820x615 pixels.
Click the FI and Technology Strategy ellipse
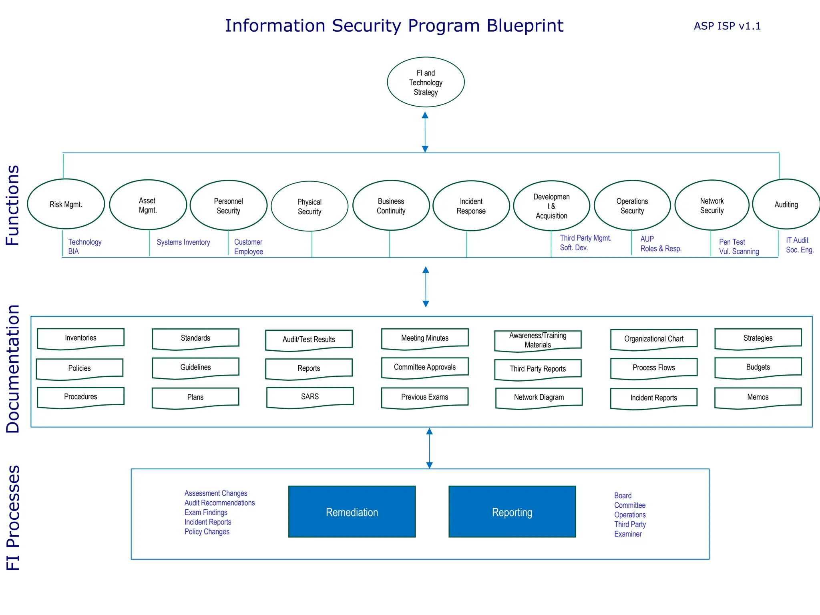click(426, 82)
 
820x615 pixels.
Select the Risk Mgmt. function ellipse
click(66, 204)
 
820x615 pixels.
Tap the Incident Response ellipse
click(471, 206)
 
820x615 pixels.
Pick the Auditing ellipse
click(786, 205)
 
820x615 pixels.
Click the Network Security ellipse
click(711, 205)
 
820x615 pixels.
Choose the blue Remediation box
click(352, 512)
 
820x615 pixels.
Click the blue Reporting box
click(512, 512)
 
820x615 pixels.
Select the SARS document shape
click(310, 397)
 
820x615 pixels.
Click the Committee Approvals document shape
click(424, 367)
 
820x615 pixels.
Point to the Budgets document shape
click(758, 367)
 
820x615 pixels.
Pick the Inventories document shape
click(80, 338)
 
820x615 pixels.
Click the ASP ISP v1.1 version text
click(727, 26)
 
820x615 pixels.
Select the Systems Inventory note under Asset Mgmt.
click(183, 242)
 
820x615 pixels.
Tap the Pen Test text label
click(732, 242)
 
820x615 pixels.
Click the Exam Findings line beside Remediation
click(206, 512)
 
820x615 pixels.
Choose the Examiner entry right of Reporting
click(627, 534)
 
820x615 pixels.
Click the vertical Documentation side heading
click(13, 368)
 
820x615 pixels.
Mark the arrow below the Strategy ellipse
click(425, 132)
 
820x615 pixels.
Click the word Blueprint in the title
click(525, 26)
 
